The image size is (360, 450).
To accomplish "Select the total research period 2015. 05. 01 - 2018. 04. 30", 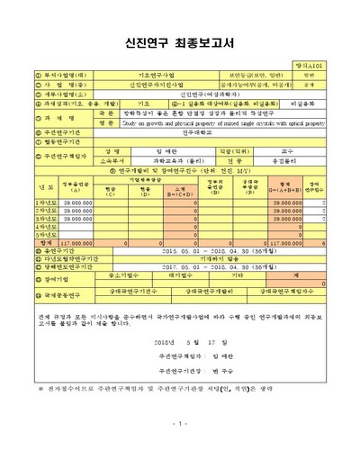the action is [209, 251].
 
